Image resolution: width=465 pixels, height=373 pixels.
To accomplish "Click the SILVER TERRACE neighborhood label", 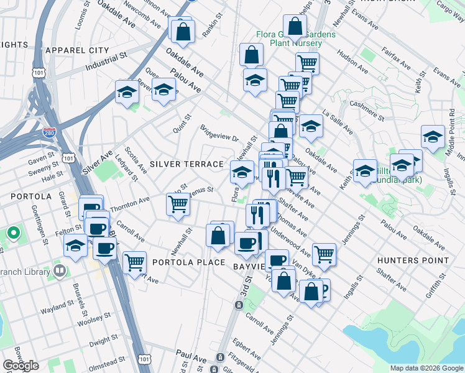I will point(186,164).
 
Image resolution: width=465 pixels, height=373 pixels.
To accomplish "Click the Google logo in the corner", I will point(21,366).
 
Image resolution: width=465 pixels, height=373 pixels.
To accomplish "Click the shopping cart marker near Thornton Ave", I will point(178,204).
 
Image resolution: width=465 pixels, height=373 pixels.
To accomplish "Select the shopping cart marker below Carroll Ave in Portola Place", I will point(134,262).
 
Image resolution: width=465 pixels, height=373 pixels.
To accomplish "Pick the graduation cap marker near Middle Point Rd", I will point(433,136).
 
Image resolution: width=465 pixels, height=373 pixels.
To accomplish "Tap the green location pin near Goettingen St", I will point(14,234).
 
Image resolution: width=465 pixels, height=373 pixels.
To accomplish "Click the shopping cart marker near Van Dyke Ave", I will point(325,253).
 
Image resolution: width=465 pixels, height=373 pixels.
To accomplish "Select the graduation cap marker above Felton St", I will point(75,246).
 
